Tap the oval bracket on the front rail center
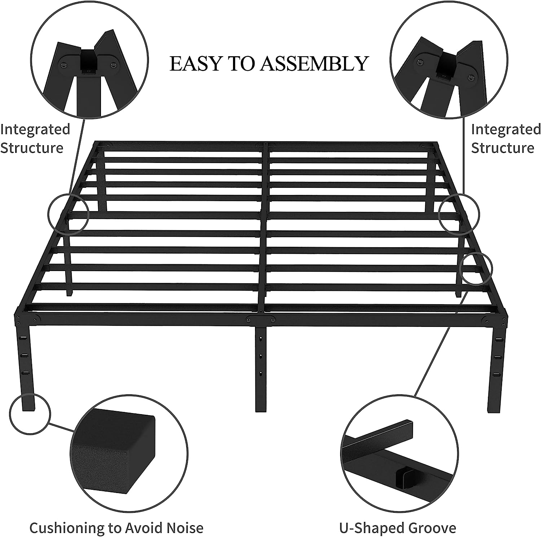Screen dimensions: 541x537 pyautogui.click(x=260, y=319)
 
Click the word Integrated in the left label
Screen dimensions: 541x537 pyautogui.click(x=35, y=129)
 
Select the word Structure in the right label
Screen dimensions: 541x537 pyautogui.click(x=502, y=148)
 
